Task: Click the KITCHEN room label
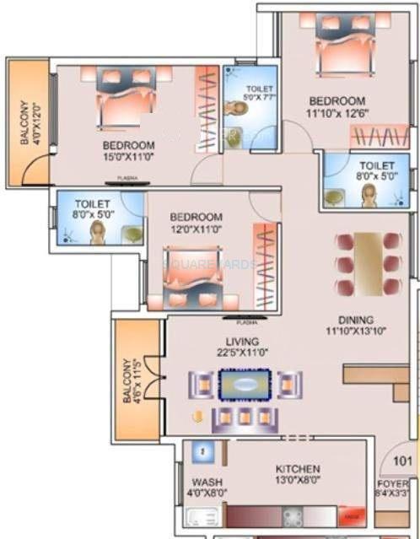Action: (x=297, y=468)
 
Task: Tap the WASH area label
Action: (x=201, y=483)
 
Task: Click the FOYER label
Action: (x=393, y=483)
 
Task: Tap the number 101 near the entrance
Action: (x=401, y=461)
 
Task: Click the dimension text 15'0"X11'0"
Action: (x=129, y=156)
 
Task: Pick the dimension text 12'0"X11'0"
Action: (x=196, y=229)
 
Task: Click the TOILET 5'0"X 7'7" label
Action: (x=259, y=93)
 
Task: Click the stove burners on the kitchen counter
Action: (x=294, y=515)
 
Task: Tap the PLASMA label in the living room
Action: (x=247, y=322)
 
